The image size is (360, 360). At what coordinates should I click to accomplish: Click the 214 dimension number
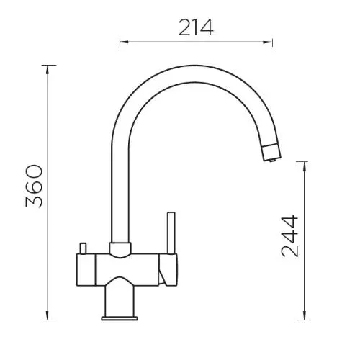point(195,27)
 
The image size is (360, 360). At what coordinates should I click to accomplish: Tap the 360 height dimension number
point(34,186)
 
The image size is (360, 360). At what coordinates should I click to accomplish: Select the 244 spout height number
point(289,236)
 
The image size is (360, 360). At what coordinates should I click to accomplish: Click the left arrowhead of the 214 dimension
point(124,42)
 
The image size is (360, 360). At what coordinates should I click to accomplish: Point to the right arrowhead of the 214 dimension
point(268,42)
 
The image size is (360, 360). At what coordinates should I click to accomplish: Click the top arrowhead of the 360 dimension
point(48,69)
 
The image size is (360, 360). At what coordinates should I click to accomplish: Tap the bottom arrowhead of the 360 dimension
point(48,315)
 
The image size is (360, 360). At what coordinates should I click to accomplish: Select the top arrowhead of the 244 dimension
point(304,166)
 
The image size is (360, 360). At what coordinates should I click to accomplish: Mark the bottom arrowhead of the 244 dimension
point(304,315)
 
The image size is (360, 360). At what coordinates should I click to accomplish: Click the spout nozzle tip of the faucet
point(271,153)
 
